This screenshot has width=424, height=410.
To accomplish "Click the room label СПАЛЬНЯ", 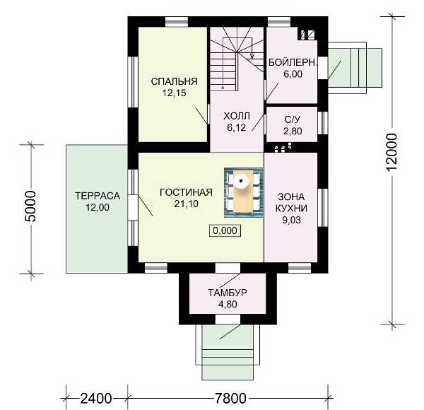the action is (x=174, y=81).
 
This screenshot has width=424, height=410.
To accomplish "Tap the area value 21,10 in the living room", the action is (x=186, y=204).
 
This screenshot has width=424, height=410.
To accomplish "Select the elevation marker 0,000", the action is (x=225, y=230).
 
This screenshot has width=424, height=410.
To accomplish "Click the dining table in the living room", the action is (x=243, y=192).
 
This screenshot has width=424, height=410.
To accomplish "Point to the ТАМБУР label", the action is (x=227, y=293).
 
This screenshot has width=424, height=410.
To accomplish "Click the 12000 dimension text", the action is (x=392, y=152).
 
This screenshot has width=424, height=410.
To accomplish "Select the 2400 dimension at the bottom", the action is (x=95, y=398).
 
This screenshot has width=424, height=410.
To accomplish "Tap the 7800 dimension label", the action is (x=230, y=398).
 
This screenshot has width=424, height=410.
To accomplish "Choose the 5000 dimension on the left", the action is (x=30, y=206).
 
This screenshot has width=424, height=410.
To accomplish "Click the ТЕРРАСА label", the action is (x=98, y=196).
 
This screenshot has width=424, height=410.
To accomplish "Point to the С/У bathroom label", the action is (x=293, y=119).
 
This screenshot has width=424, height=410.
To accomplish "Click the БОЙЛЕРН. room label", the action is (x=293, y=62).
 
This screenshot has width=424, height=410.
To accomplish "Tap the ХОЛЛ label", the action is (x=237, y=117).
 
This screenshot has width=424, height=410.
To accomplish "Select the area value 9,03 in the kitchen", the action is (x=291, y=220).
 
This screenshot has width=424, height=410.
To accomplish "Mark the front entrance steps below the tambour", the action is (x=228, y=351).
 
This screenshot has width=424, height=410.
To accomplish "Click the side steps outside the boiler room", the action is (x=355, y=68).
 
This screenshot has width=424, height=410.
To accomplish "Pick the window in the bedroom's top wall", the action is (x=177, y=22).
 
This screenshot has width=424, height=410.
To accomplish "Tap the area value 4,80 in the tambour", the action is (x=228, y=304).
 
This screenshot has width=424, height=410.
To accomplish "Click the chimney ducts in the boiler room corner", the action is (x=307, y=34).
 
